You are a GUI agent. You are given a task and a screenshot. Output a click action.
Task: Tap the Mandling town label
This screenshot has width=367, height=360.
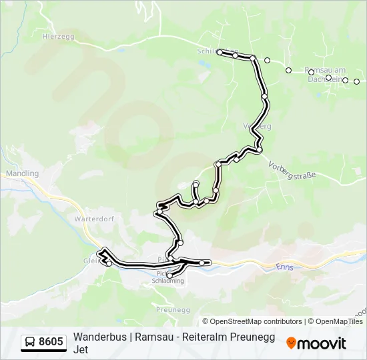[x=22, y=173]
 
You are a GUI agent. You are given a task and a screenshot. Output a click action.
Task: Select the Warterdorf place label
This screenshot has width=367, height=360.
[x=92, y=218]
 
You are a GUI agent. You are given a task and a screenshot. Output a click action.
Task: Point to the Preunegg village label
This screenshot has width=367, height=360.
[x=173, y=309]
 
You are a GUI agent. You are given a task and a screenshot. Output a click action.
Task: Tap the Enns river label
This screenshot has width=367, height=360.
[x=284, y=267]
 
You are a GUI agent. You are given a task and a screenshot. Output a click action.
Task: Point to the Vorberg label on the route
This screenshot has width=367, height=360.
[x=258, y=126]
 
